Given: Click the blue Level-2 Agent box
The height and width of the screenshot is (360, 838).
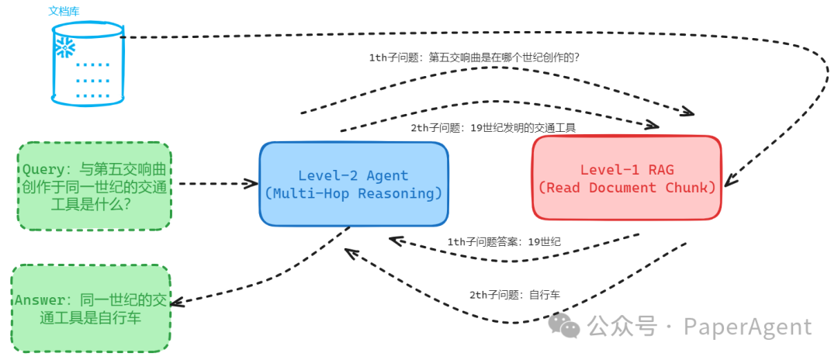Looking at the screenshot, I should [354, 184].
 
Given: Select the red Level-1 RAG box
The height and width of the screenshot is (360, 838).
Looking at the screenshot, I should [627, 178].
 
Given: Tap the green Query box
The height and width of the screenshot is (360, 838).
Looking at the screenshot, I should [95, 186].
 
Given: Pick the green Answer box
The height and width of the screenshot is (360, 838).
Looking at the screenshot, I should [91, 308].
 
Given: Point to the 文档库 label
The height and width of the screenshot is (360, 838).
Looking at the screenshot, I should [64, 12].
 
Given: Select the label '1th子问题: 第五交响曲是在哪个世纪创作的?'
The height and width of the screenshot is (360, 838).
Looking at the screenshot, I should [475, 57].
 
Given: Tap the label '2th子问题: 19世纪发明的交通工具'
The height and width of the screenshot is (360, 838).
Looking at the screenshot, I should [493, 128].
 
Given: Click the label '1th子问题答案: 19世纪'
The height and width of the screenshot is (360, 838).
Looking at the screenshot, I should [504, 241].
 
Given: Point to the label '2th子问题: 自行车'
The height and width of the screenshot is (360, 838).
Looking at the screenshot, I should [514, 295].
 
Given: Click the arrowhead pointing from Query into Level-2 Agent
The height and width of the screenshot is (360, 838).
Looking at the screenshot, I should [253, 184].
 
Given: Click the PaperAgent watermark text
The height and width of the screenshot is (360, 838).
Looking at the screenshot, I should [747, 327].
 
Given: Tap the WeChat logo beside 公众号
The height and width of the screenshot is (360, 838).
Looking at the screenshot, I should [564, 327].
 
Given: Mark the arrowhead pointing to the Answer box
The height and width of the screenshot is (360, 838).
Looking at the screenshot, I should [175, 301].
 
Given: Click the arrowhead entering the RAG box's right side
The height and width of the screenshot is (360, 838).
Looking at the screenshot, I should [728, 184].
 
